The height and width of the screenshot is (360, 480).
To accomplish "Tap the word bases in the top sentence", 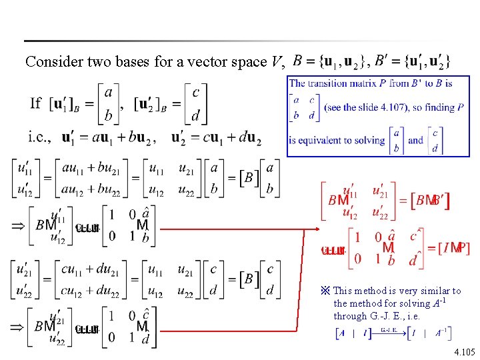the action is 129,62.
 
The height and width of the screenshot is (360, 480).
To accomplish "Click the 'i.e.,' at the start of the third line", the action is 40,139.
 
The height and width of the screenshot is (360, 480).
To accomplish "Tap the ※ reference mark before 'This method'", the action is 326,291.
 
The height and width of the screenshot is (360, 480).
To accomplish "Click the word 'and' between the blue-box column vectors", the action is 415,140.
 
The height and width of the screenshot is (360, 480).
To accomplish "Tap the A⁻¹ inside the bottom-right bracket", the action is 441,332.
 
